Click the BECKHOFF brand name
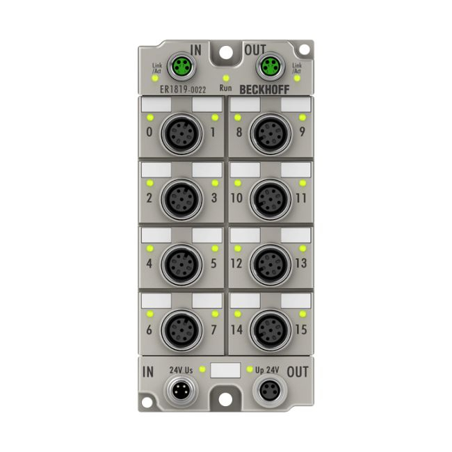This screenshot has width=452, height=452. point(264,90)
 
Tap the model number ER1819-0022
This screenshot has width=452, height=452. point(183,90)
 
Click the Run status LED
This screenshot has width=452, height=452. point(226,78)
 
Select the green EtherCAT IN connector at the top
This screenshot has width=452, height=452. point(182,66)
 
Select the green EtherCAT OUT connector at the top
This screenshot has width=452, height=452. point(270,66)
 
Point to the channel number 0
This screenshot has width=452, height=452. point(150,131)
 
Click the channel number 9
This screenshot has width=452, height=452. point(302,131)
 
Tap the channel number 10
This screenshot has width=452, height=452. point(236,197)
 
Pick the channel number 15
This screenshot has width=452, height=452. point(301,329)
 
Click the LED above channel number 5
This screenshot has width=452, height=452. point(215,248)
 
